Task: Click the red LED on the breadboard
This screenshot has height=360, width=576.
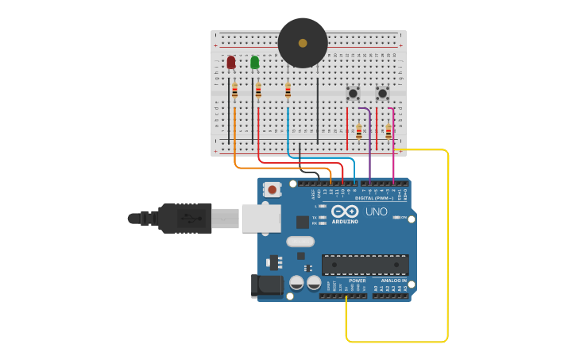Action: [x=231, y=62]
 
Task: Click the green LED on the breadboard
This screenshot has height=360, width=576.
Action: [x=254, y=62]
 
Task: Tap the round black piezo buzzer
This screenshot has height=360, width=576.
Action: [x=303, y=43]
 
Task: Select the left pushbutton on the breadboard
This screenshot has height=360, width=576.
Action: [x=353, y=93]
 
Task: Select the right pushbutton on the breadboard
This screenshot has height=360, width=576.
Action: [x=382, y=93]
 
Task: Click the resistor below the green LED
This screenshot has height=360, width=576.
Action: [x=258, y=91]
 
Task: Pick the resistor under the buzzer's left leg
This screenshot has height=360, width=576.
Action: [x=288, y=91]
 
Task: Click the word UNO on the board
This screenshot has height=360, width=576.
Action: [x=376, y=212]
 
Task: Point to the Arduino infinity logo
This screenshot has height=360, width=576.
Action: [x=345, y=211]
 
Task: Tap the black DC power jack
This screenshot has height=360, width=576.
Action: [x=267, y=286]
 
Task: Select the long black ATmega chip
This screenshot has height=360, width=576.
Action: [x=365, y=265]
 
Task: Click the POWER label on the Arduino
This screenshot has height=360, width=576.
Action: [x=358, y=281]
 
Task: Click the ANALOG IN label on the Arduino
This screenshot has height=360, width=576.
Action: [x=393, y=281]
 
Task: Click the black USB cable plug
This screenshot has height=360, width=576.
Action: [x=183, y=218]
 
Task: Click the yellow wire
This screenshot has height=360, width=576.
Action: [x=447, y=246]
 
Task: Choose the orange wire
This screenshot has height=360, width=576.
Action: [x=270, y=167]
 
